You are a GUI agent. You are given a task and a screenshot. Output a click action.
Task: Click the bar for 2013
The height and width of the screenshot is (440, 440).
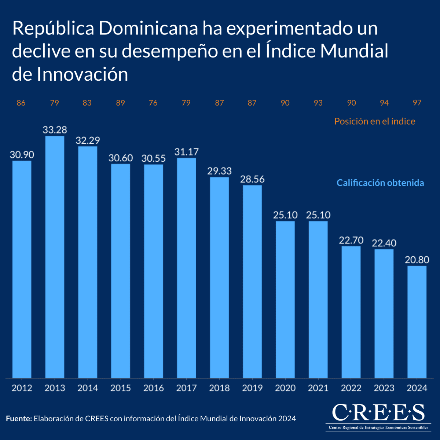click(55, 257)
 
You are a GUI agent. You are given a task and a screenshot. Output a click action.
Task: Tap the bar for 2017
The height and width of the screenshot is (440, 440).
click(186, 268)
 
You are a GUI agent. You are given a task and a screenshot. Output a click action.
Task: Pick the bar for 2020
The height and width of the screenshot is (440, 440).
click(285, 299)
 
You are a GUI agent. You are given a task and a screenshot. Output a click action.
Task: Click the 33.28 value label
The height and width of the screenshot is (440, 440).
click(55, 130)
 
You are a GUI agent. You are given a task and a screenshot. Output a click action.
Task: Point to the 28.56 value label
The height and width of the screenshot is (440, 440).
click(252, 179)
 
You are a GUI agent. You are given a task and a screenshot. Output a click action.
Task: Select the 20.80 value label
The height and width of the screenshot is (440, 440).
click(417, 260)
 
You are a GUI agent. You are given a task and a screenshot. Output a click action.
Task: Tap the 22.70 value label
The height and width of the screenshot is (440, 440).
click(351, 241)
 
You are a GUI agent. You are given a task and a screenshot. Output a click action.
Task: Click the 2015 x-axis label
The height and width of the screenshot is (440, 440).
click(121, 388)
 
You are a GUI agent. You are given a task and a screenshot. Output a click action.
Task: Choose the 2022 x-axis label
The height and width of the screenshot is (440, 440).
click(351, 388)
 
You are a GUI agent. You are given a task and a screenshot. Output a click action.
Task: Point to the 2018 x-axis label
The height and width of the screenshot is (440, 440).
click(219, 388)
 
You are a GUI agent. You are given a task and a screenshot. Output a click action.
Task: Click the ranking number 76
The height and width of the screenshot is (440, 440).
click(153, 103)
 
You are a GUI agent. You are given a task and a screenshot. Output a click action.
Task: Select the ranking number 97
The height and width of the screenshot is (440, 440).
click(417, 103)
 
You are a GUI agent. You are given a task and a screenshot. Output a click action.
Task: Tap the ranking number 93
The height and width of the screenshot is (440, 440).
click(318, 103)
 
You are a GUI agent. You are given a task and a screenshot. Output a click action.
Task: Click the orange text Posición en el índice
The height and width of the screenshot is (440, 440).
click(375, 121)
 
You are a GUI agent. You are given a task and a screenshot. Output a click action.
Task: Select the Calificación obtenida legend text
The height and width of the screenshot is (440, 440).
click(380, 183)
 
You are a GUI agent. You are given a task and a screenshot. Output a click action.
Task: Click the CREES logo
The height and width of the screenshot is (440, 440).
click(378, 417)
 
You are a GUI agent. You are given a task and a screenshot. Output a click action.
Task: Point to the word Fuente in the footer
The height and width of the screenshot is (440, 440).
click(19, 419)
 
